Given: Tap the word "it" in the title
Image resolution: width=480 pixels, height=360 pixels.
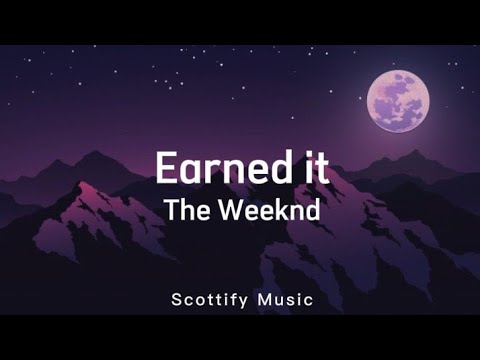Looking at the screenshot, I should click(x=314, y=167).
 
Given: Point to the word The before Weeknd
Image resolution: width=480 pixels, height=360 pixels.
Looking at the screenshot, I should click(x=186, y=212).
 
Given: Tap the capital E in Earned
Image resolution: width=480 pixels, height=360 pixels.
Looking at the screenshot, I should click(x=166, y=167).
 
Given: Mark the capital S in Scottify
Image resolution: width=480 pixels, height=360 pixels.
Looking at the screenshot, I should click(x=175, y=299).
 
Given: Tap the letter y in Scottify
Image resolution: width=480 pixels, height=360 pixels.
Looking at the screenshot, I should click(x=243, y=301).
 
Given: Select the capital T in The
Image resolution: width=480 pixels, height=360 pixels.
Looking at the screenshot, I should click(x=172, y=212).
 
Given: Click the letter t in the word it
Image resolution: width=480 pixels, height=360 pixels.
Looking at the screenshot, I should click(x=322, y=167).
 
